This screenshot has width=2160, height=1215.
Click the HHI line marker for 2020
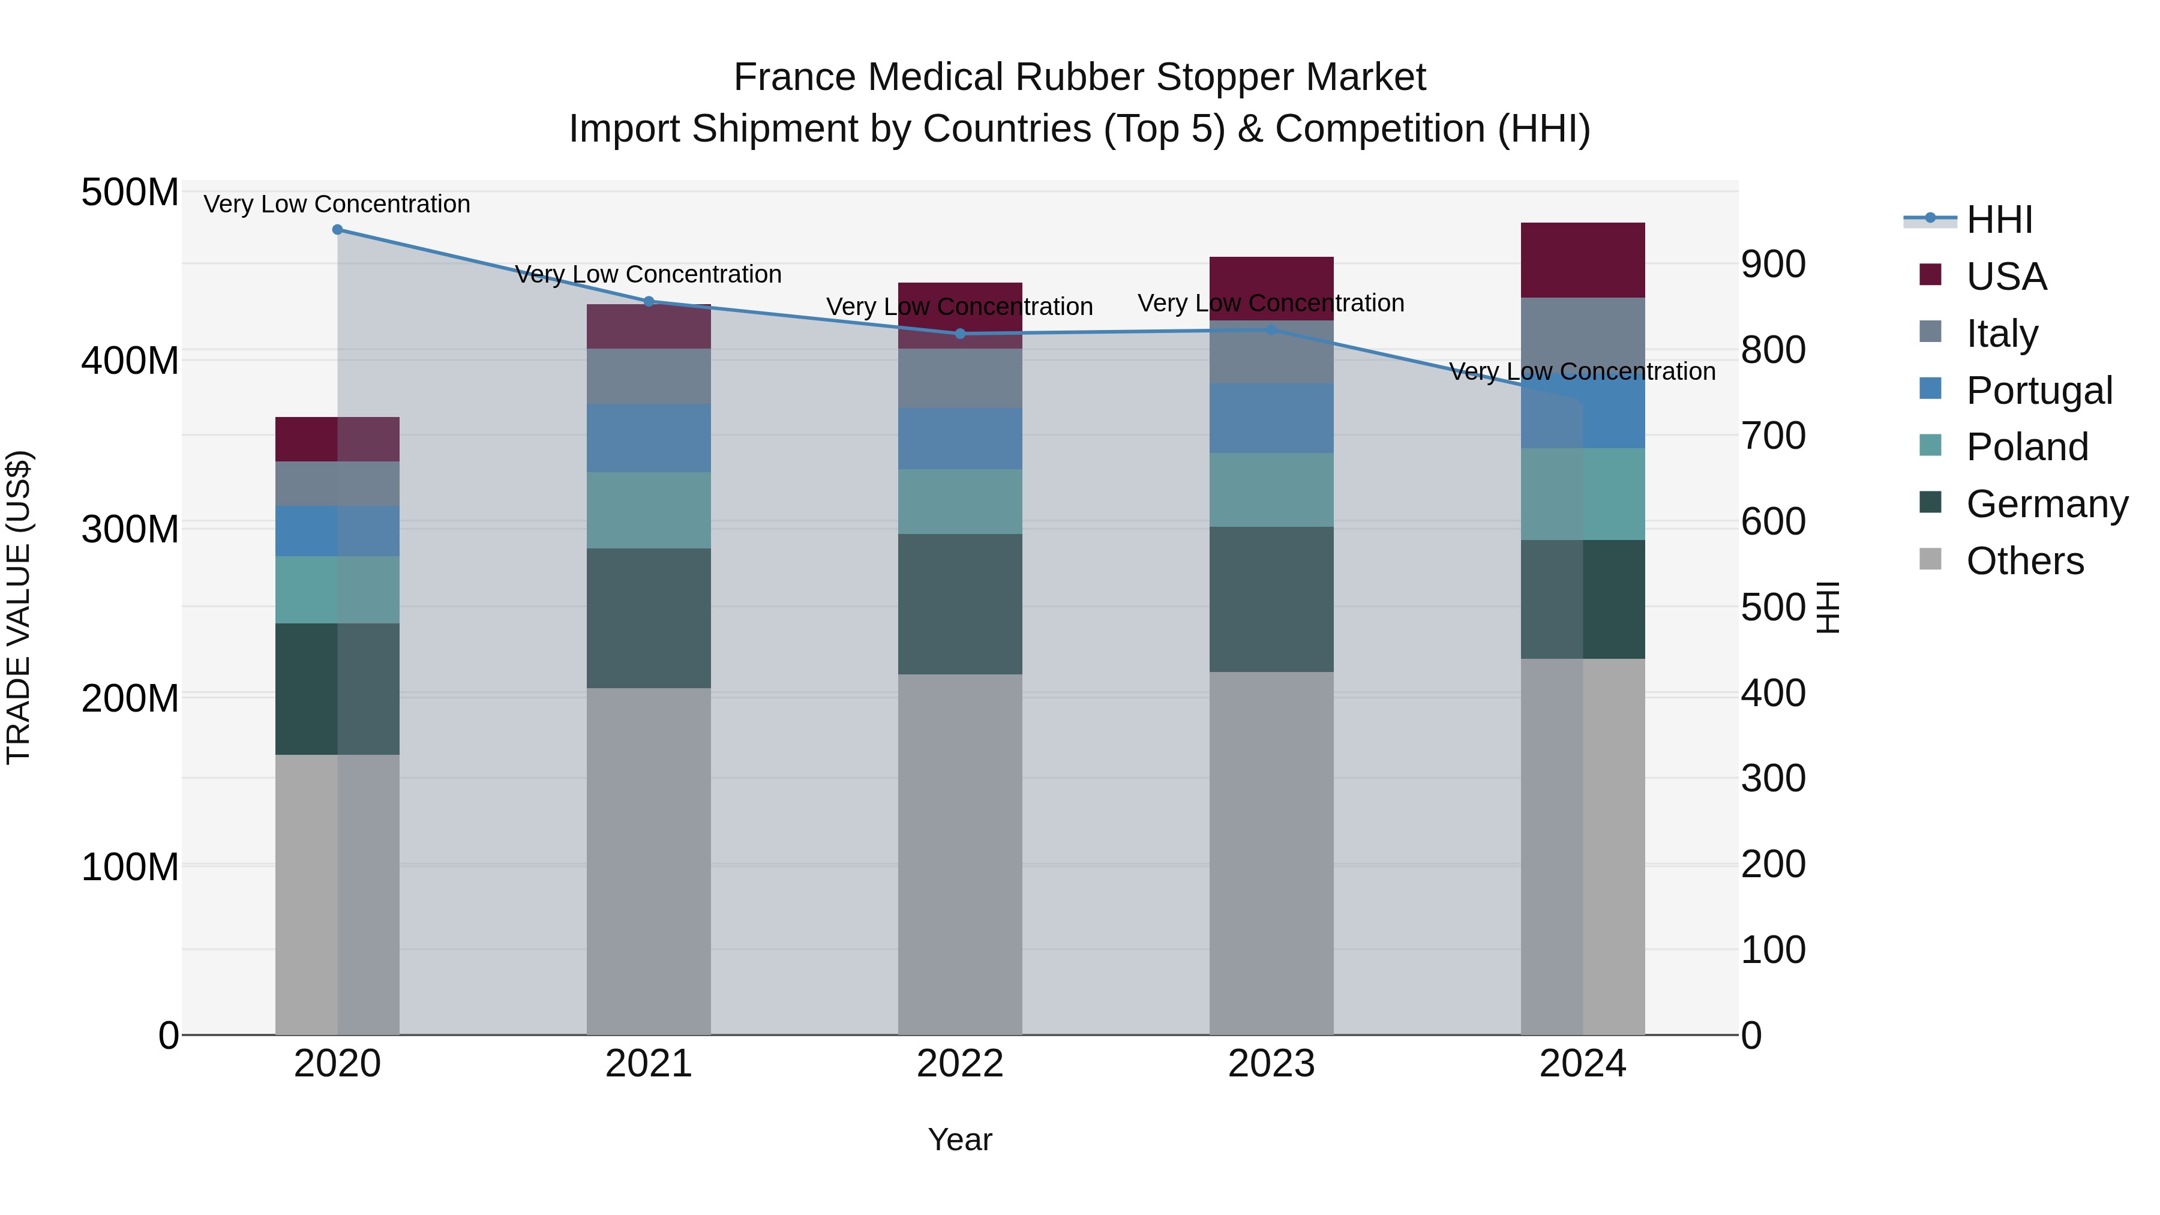(x=337, y=230)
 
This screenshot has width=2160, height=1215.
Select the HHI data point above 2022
(x=960, y=334)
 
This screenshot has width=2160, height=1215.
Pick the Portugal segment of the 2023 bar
(x=1271, y=418)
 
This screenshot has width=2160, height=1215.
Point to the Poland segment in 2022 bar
(x=960, y=502)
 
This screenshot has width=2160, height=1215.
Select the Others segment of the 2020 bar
(x=337, y=894)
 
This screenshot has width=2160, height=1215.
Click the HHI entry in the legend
(x=1999, y=220)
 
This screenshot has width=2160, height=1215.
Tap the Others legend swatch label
(x=2024, y=561)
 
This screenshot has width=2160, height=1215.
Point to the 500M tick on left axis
(x=130, y=193)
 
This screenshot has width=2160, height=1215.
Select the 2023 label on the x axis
(x=1271, y=1064)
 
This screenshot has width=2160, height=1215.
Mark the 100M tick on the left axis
(x=130, y=866)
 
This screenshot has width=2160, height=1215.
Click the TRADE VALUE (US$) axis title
(x=19, y=607)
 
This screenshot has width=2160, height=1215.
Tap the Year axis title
(x=960, y=1139)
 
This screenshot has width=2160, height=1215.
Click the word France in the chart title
(x=795, y=77)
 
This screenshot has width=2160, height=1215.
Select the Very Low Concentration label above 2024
(x=1582, y=371)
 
